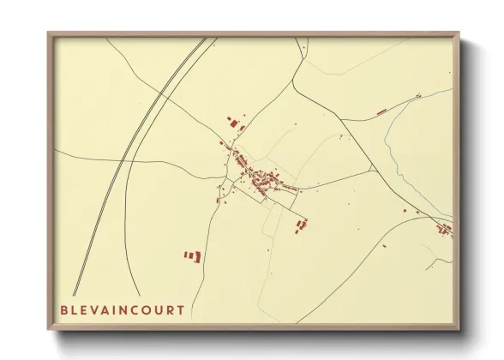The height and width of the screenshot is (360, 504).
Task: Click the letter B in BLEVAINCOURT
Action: (x=64, y=309)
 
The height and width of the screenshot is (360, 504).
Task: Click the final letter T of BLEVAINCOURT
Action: (x=180, y=309)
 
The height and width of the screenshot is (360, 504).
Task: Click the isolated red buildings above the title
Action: (x=192, y=255)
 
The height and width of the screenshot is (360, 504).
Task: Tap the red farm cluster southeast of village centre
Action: (x=301, y=225)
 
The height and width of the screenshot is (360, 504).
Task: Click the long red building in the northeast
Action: (x=382, y=111)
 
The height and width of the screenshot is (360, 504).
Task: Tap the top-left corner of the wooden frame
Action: (x=50, y=34)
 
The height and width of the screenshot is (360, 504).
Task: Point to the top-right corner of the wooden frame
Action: (x=458, y=34)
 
